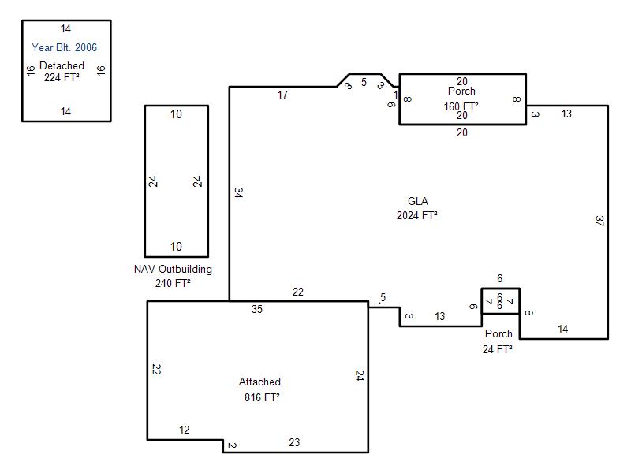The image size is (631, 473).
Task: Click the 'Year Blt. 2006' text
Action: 65,47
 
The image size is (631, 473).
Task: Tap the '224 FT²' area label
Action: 62,77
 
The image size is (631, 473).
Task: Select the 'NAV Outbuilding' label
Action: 173,269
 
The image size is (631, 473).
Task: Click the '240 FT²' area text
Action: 173,283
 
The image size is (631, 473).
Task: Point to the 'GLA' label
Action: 418,201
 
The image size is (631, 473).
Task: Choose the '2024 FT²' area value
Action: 417,215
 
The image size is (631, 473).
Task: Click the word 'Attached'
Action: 260,382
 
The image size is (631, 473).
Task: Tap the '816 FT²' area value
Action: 262,397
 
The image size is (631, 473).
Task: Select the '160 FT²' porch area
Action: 461,106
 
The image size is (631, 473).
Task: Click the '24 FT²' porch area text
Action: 498,349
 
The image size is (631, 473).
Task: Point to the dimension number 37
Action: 599,221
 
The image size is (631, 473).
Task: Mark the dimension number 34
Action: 238,192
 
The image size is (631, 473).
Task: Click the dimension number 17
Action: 282,95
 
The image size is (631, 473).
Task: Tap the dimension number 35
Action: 257,309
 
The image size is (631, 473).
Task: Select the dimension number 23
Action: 294,442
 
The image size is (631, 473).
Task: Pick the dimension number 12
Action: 185,430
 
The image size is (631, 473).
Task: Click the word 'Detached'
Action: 62,65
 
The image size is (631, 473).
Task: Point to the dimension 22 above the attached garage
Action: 298,292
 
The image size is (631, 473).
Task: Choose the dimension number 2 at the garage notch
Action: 232,445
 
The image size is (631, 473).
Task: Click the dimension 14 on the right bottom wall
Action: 562,329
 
